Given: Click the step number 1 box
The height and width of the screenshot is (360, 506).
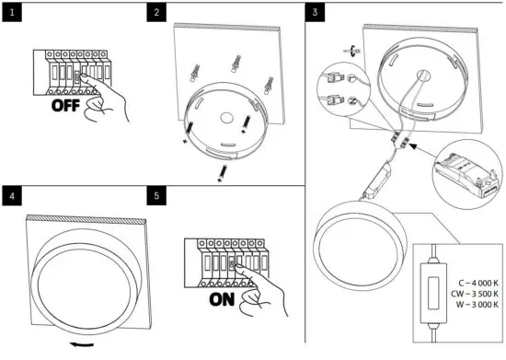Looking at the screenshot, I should (12, 12).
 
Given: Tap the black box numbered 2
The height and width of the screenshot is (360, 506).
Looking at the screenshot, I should (158, 12).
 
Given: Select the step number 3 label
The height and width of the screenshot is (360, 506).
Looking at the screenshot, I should (316, 12).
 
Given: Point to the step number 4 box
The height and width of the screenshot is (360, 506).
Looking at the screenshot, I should (12, 196).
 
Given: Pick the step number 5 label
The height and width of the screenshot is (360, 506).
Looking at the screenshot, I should (158, 196).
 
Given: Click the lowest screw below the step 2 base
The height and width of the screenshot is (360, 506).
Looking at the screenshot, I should (222, 174).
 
